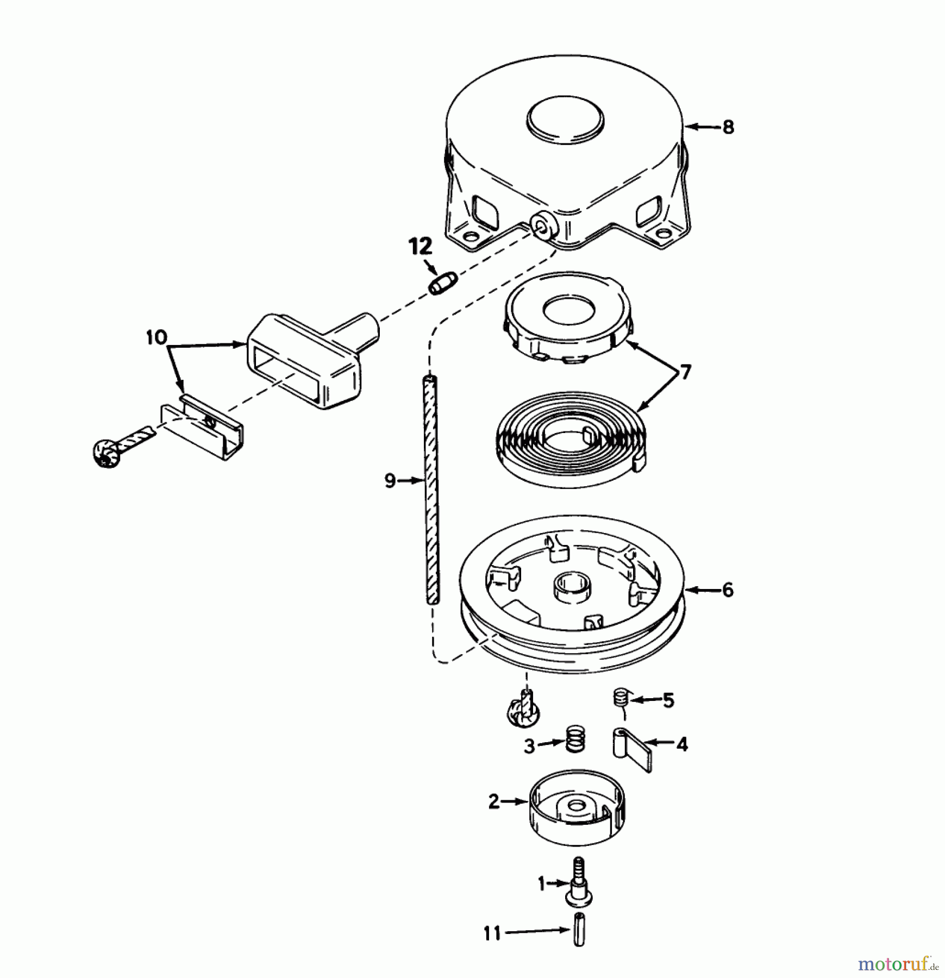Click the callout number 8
coord(728,128)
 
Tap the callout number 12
coord(420,246)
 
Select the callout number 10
coord(157,337)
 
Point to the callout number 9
coord(390,480)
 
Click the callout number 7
coord(685,372)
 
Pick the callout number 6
coord(728,590)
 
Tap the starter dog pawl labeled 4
coord(632,747)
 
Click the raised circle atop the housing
coord(565,124)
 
